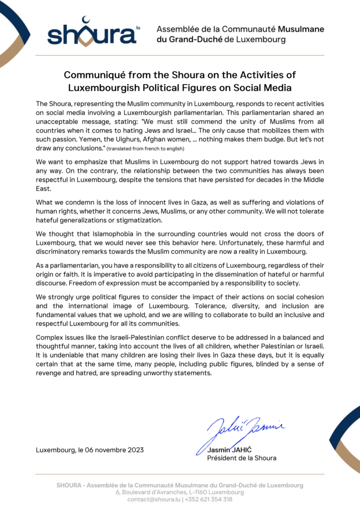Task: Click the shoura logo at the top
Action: tap(91, 34)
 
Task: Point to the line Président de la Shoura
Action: tap(241, 458)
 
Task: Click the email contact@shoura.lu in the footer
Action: tap(154, 499)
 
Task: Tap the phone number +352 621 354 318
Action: tap(208, 499)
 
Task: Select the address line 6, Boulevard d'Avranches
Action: tap(180, 492)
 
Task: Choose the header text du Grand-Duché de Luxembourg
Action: tap(221, 39)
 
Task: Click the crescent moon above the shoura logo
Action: tap(88, 20)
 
